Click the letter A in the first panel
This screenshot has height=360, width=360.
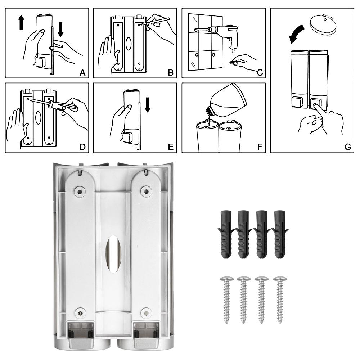[82, 73]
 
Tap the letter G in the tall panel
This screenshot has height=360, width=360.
[348, 147]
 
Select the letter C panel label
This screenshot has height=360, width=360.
[260, 73]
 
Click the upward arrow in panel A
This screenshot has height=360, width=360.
[21, 22]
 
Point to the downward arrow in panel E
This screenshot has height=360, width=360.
[148, 105]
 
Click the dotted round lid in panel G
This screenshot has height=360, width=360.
[323, 24]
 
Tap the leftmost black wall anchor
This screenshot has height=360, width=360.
[226, 234]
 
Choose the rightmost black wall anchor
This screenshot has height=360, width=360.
[280, 234]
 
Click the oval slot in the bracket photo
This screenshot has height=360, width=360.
[113, 254]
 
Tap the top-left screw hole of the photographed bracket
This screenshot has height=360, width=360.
[80, 191]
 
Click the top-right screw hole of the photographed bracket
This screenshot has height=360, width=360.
[145, 190]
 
